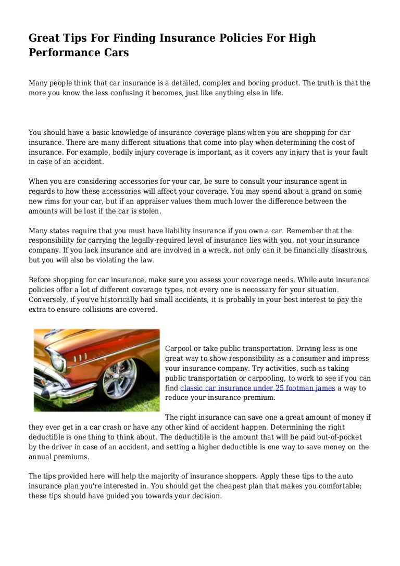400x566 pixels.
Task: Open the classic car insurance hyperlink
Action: point(257,388)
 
